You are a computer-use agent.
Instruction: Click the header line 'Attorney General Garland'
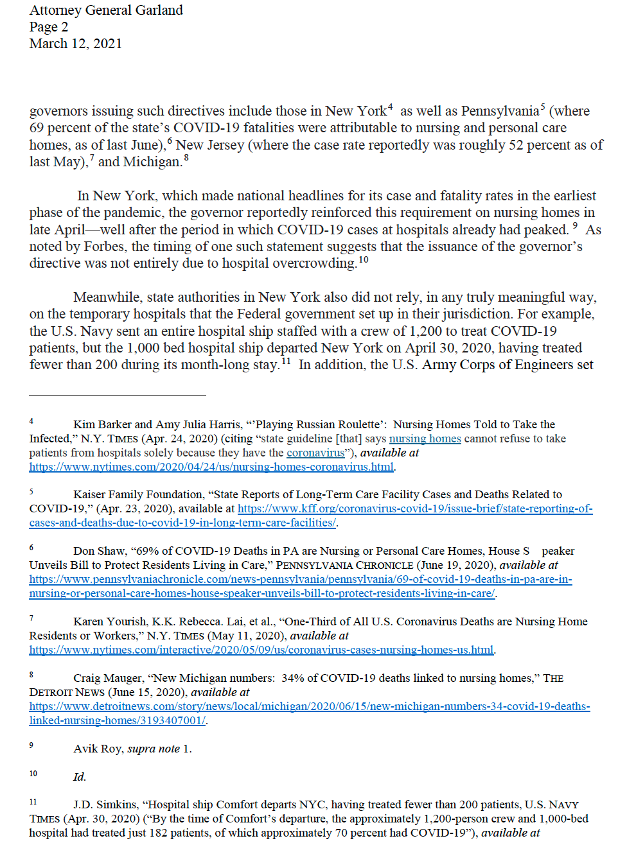pyautogui.click(x=106, y=10)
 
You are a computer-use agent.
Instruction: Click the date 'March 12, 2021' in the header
pyautogui.click(x=75, y=44)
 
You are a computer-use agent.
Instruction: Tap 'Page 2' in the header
pyautogui.click(x=48, y=27)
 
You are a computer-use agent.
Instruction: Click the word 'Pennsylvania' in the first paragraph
pyautogui.click(x=500, y=111)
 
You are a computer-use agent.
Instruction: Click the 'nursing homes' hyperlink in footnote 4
pyautogui.click(x=425, y=439)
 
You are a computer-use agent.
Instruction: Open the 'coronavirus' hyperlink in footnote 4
pyautogui.click(x=315, y=453)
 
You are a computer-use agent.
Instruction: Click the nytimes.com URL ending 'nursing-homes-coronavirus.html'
pyautogui.click(x=211, y=467)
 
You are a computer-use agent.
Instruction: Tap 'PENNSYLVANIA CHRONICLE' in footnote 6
pyautogui.click(x=344, y=565)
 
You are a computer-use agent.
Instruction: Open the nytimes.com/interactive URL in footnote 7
pyautogui.click(x=261, y=650)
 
